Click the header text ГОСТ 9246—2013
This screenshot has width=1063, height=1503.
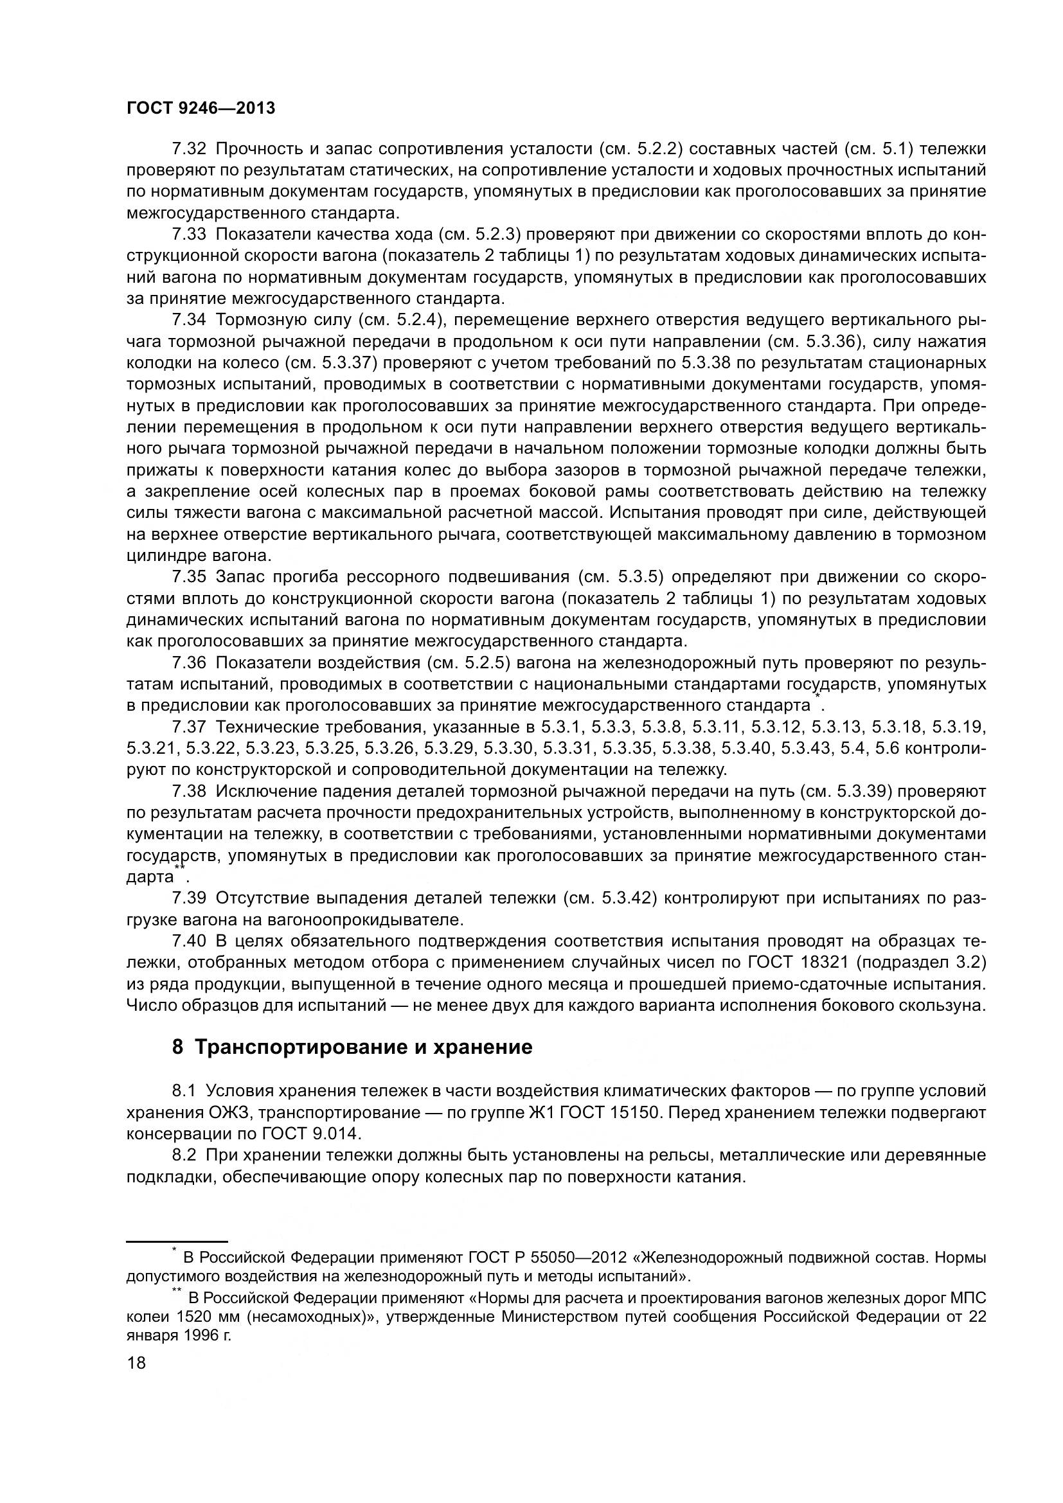(x=201, y=108)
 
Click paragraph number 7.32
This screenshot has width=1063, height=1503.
(x=188, y=149)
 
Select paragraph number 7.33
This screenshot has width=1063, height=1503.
(x=188, y=235)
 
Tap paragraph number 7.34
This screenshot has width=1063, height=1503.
(x=188, y=320)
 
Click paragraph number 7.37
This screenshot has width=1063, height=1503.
(x=188, y=727)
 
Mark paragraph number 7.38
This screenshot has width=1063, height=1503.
(x=188, y=791)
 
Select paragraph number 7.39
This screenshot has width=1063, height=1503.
(x=188, y=898)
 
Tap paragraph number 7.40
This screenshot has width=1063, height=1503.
(x=188, y=941)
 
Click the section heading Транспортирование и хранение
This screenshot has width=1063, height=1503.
(x=362, y=1047)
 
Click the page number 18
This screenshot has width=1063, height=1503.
(x=136, y=1364)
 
